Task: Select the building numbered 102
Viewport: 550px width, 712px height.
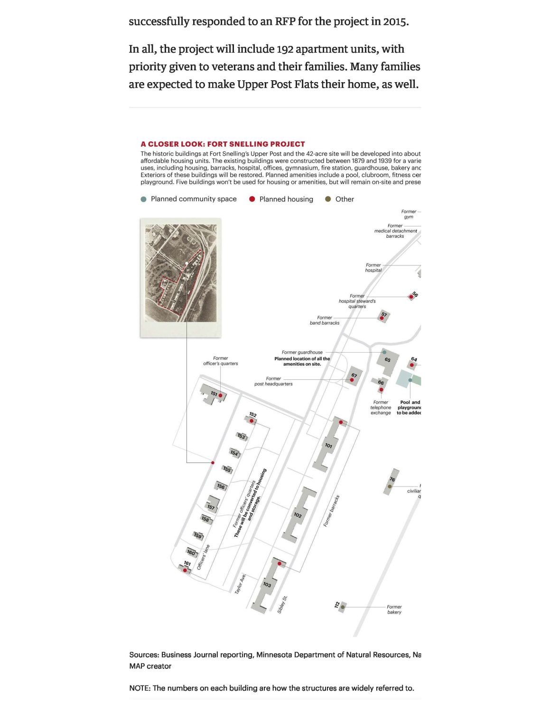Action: point(298,515)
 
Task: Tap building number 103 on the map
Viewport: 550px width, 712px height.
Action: point(267,584)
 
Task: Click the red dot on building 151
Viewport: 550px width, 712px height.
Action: point(220,395)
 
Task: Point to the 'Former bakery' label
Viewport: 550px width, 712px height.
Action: point(394,609)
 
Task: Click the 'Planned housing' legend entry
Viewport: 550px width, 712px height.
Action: point(286,199)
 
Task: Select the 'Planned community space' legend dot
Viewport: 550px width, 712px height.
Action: point(144,199)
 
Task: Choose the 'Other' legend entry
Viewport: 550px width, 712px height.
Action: point(345,199)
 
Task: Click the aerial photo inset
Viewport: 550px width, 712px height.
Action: point(180,273)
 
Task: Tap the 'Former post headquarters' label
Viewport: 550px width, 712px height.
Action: point(273,381)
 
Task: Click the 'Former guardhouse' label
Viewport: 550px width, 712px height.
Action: point(302,352)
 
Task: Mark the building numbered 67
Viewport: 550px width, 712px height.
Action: point(354,375)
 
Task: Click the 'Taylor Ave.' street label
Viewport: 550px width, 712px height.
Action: point(240,584)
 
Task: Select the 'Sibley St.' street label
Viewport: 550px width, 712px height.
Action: point(282,604)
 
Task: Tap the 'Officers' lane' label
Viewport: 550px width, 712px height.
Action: point(203,557)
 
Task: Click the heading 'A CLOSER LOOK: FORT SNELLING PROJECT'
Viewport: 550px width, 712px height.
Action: point(223,144)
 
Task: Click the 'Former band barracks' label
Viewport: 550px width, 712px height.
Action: point(325,320)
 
